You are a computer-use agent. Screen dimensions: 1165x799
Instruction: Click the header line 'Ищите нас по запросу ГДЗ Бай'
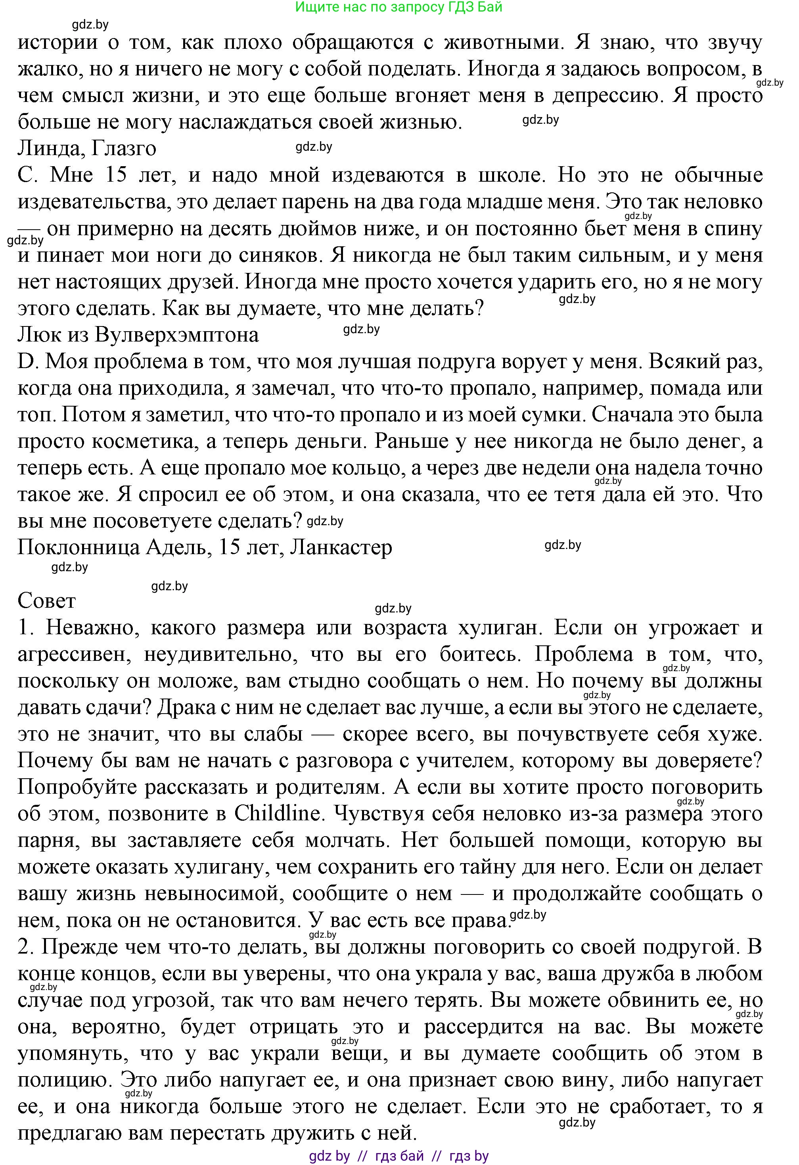point(399,7)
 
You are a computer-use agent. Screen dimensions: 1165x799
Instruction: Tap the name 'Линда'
point(46,149)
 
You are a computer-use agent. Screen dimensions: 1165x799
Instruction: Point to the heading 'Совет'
point(47,600)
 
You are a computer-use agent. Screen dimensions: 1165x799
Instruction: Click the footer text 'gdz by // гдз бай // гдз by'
point(399,1156)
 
